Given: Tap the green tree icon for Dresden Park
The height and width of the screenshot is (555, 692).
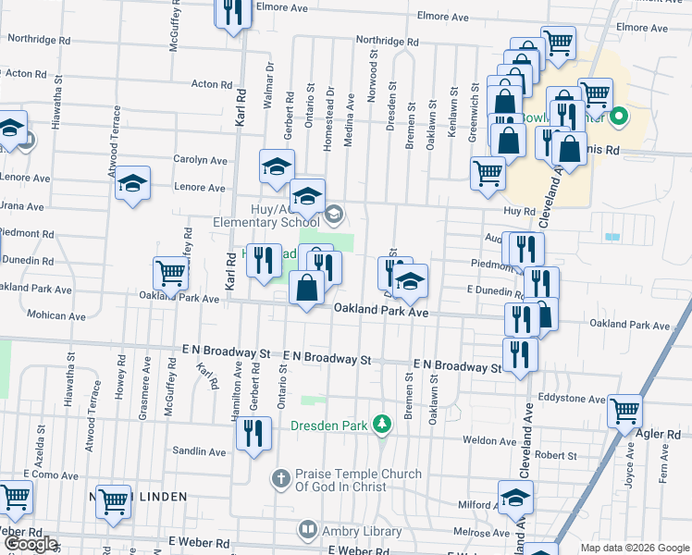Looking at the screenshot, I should click(380, 425).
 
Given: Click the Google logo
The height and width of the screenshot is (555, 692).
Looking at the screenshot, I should click(31, 545).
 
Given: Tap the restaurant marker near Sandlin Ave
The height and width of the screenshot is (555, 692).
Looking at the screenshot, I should click(253, 432).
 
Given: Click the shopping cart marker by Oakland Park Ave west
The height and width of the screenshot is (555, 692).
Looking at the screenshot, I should click(171, 273).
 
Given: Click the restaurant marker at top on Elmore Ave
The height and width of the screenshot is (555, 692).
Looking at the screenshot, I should click(233, 12).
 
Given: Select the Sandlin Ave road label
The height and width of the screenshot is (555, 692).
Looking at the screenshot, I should click(199, 450).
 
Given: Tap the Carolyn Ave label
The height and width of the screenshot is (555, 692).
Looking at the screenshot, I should click(200, 159).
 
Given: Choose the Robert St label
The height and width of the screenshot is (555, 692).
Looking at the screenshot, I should click(555, 455).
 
